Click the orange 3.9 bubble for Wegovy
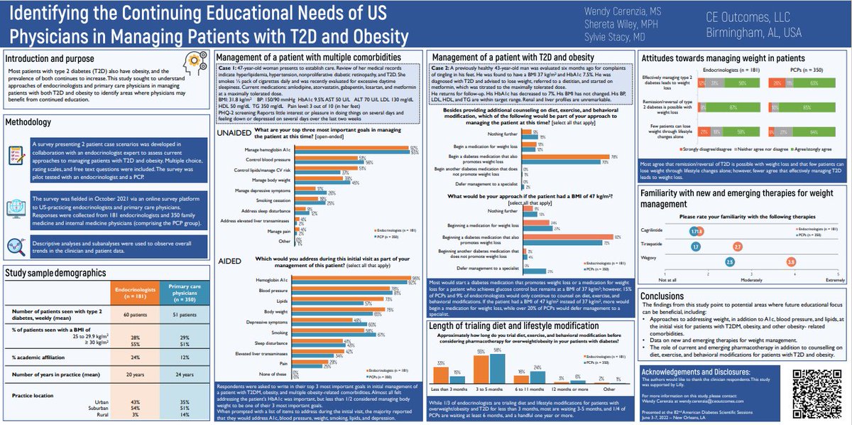pos(791,262)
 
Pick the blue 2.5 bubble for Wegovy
pos(729,262)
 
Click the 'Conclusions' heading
pos(663,296)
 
